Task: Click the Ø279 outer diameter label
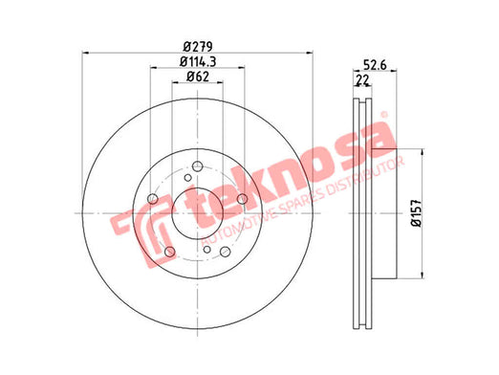tap(198, 47)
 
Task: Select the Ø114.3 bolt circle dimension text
tap(198, 62)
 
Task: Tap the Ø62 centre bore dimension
tap(198, 77)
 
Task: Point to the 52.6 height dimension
tap(375, 65)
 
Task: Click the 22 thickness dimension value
tap(362, 79)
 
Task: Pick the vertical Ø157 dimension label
tap(416, 213)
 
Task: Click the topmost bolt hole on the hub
tap(198, 166)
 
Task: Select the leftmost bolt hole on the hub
tap(153, 199)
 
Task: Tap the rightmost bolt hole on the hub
tap(242, 199)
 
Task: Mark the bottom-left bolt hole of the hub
tap(170, 252)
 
